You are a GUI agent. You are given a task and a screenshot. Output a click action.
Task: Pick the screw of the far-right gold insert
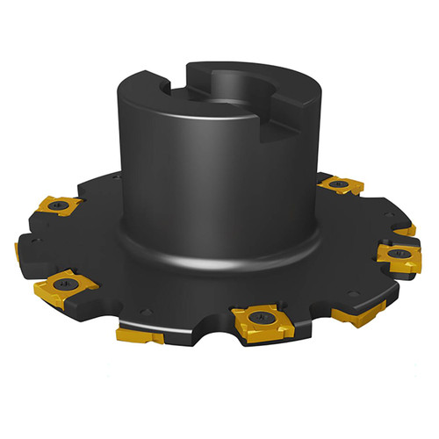click(400, 255)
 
